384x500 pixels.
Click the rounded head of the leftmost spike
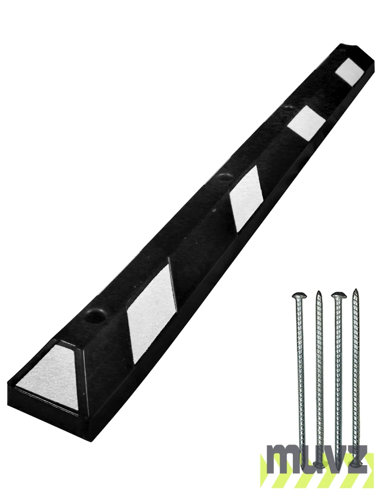click(x=299, y=295)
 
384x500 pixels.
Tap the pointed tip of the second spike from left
click(x=318, y=292)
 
